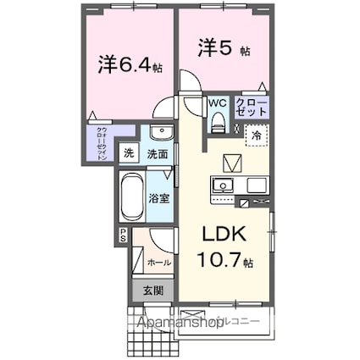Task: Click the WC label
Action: click(x=218, y=102)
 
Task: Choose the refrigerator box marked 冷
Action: click(x=255, y=133)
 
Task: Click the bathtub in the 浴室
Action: click(x=131, y=198)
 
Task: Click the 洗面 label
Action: click(x=157, y=154)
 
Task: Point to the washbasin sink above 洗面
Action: click(x=158, y=133)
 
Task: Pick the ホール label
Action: click(x=160, y=263)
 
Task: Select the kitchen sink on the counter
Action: click(x=224, y=186)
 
